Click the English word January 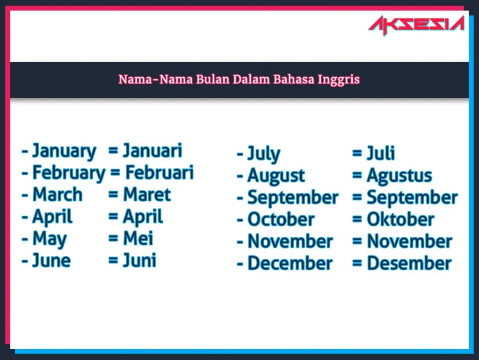64,151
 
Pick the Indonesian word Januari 152,151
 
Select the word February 69,173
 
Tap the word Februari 160,173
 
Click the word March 58,195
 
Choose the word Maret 147,195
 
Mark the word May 50,239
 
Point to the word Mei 138,239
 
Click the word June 51,260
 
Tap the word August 276,176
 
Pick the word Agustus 399,176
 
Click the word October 281,219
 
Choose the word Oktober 400,219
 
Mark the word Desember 409,263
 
